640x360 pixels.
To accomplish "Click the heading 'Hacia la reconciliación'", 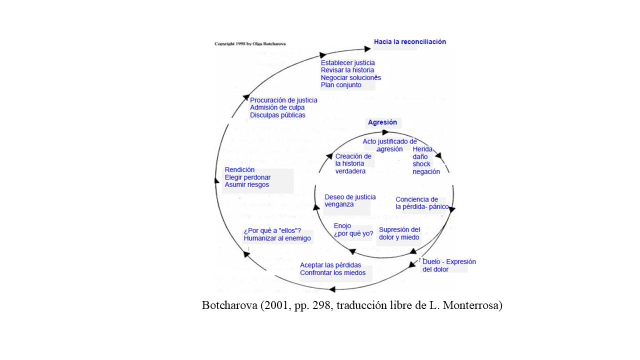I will point(409,42).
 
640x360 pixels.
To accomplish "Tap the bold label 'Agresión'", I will point(382,122).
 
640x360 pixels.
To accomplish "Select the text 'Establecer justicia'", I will point(347,63).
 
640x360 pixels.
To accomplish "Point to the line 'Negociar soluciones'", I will point(350,77).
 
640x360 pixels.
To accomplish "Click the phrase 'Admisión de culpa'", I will point(277,107).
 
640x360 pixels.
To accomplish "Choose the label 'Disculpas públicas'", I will point(277,115).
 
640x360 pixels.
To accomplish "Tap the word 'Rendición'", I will point(239,170).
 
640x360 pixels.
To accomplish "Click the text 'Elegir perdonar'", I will point(247,177).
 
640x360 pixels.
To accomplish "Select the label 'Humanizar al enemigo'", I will point(277,238).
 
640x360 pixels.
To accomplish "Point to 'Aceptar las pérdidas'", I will point(330,265).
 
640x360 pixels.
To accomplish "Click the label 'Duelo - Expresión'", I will point(449,262).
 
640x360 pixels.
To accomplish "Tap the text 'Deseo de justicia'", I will point(350,197).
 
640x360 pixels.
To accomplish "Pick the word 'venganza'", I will point(339,204).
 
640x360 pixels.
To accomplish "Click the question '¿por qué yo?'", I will point(353,233).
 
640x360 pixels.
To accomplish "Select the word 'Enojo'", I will point(342,226).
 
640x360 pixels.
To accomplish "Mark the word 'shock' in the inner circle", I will point(421,164).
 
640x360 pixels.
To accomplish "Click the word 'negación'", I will point(426,171).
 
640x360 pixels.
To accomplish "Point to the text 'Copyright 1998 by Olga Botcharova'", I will point(250,44).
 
